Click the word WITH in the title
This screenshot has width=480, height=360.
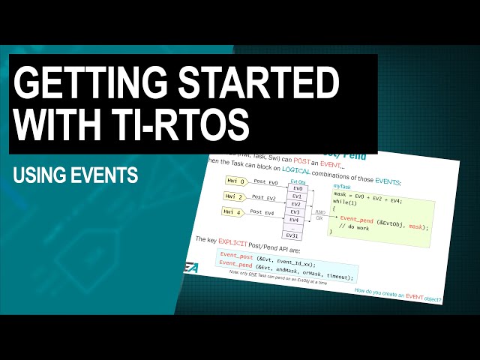(55, 124)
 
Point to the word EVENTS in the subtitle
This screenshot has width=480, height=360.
(105, 175)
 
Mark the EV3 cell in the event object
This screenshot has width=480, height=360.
(294, 212)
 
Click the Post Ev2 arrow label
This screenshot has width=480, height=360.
(265, 197)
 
